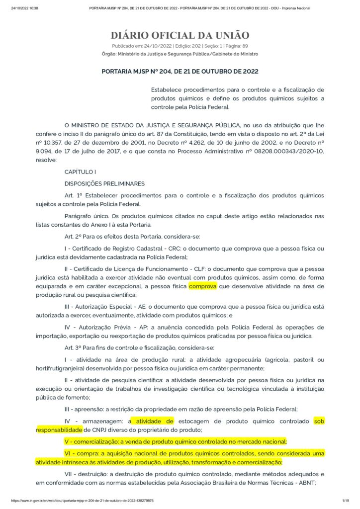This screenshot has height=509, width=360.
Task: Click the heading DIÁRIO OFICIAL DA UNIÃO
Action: click(180, 35)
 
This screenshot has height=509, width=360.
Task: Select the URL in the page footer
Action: click(82, 501)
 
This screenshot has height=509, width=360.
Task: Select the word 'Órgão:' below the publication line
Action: click(109, 54)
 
